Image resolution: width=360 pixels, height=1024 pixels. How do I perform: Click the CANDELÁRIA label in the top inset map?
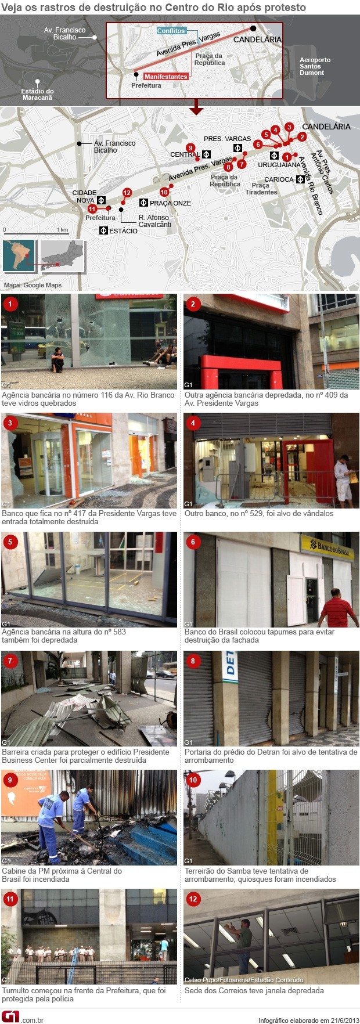[x=257, y=39]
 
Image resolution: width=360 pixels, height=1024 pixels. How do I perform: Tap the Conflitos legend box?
[x=171, y=31]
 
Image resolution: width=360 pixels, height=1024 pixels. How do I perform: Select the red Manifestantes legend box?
[x=165, y=77]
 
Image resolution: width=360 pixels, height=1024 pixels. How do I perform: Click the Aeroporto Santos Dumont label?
[x=315, y=66]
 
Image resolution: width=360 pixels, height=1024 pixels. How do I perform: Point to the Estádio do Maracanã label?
[x=37, y=95]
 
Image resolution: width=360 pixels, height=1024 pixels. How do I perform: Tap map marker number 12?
[x=127, y=192]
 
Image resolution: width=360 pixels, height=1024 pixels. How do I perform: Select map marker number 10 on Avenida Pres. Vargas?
[x=164, y=192]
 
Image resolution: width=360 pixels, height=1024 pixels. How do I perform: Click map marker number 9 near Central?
[x=190, y=147]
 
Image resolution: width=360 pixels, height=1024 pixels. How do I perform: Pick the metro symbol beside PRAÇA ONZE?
[x=143, y=203]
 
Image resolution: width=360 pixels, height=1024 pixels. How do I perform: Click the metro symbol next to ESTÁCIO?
[x=103, y=230]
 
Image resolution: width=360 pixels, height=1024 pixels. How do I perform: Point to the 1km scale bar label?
[x=63, y=230]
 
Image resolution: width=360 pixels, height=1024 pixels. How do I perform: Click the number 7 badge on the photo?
[x=10, y=661]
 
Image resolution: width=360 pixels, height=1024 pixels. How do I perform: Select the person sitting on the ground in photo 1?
[x=58, y=360]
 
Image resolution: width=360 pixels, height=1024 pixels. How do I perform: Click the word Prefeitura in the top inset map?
[x=146, y=85]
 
